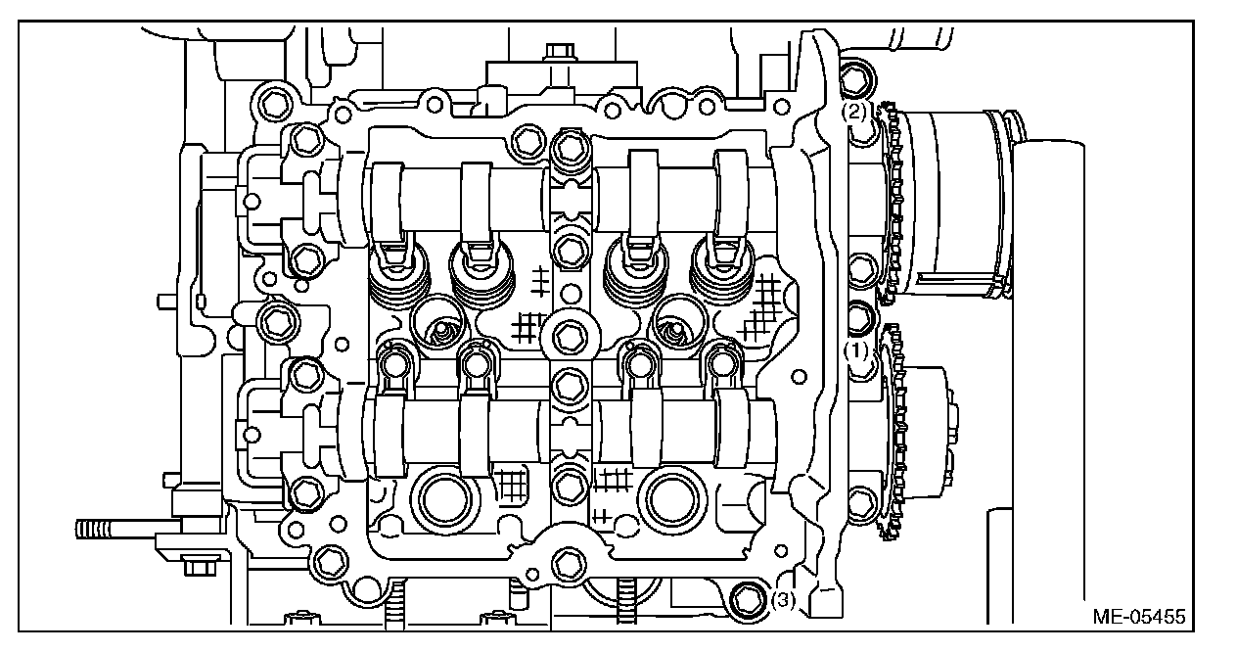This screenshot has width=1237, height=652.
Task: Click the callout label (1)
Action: pyautogui.click(x=857, y=349)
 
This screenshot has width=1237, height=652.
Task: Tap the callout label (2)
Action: pyautogui.click(x=855, y=112)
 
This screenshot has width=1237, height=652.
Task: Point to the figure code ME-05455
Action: pyautogui.click(x=1139, y=618)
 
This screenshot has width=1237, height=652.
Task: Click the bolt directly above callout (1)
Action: pyautogui.click(x=860, y=317)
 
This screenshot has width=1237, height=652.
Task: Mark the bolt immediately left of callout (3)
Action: pyautogui.click(x=749, y=597)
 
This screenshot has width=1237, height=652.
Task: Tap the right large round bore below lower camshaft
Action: pyautogui.click(x=674, y=497)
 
